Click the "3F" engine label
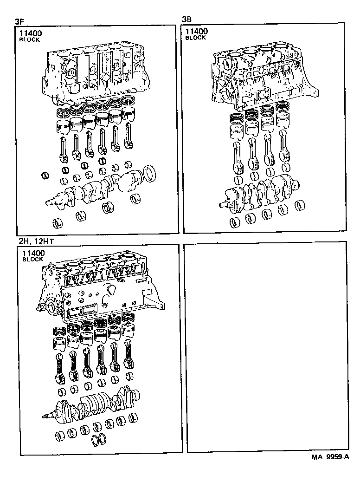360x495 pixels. tap(19, 21)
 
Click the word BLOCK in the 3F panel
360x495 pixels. tap(29, 40)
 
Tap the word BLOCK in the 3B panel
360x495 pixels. tap(195, 38)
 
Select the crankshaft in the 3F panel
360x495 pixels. tap(93, 189)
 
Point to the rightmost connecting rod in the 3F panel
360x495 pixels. tap(129, 140)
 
